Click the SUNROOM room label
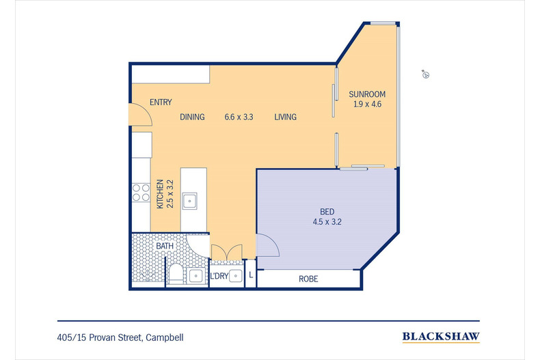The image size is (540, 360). [x=367, y=94]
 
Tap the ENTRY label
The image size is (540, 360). [x=161, y=102]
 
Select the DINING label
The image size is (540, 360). [x=192, y=117]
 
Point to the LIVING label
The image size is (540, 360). [x=286, y=117]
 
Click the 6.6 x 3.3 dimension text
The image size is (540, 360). [x=239, y=117]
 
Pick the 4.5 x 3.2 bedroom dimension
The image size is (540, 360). [x=327, y=222]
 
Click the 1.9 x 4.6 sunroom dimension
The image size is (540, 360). [x=367, y=105]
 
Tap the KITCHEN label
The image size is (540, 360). [x=160, y=194]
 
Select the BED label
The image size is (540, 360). [x=327, y=212]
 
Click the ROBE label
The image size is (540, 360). [x=308, y=279]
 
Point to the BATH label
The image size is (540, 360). [x=165, y=246]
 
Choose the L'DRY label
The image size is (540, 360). [x=219, y=276]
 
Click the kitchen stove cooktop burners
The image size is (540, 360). [x=141, y=193]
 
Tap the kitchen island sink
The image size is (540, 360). [x=190, y=201]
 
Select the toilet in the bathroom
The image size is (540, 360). [x=176, y=275]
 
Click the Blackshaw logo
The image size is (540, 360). [x=441, y=337]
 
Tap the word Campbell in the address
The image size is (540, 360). [x=165, y=337]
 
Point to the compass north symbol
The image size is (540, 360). [x=426, y=74]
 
